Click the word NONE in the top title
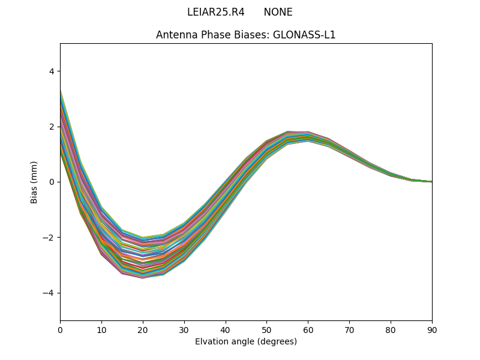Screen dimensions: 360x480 [x=278, y=12]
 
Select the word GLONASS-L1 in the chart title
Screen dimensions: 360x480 [x=304, y=35]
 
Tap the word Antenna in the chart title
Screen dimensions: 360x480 [x=175, y=35]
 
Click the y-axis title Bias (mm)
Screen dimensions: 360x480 [x=34, y=182]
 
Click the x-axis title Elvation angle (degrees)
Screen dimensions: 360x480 [x=246, y=341]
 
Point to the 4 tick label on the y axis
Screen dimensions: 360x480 [x=51, y=71]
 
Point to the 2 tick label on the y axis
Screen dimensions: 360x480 [x=51, y=127]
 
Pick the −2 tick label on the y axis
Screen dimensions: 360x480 [x=49, y=238]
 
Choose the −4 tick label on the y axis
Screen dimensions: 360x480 [x=49, y=293]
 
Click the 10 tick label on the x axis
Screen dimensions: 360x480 [x=101, y=329]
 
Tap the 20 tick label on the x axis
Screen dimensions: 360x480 [x=143, y=329]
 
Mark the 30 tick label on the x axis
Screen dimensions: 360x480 [x=184, y=329]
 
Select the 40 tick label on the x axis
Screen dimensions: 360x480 [x=226, y=329]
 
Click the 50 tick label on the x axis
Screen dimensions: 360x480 [x=266, y=329]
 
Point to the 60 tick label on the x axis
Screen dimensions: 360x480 [x=308, y=329]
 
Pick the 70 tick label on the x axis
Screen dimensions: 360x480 [x=349, y=329]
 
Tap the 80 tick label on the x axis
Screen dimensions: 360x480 [x=391, y=329]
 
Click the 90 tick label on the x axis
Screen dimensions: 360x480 [x=432, y=329]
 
